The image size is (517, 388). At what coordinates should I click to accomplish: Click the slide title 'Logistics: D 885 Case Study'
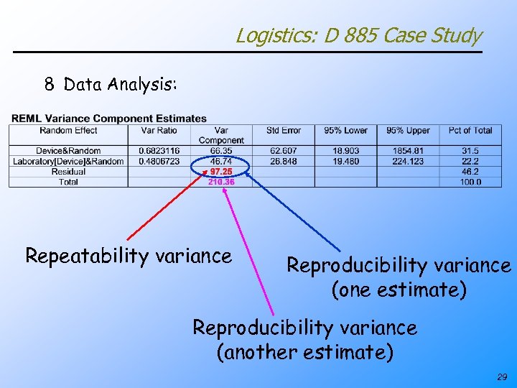358,35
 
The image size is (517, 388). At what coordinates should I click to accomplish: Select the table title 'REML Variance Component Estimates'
109,119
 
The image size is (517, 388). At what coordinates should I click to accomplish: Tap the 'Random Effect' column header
68,131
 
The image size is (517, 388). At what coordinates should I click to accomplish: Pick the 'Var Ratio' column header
159,131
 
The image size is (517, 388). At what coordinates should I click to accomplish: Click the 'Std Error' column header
283,131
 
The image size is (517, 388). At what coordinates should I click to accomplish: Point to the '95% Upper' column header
408,131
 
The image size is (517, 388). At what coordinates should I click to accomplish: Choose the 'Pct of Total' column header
470,131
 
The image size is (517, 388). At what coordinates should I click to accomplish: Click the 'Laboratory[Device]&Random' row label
68,162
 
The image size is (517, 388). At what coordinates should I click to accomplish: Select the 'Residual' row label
68,172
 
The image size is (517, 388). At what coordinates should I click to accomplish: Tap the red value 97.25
220,172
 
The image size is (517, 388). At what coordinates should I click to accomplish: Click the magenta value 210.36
220,182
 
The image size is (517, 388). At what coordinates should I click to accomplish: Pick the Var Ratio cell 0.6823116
159,151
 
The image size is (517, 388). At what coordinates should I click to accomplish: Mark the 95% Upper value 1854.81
408,151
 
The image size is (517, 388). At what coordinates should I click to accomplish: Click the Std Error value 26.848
283,162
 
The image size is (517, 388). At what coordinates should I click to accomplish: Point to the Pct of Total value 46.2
470,172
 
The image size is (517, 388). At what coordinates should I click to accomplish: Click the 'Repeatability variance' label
129,256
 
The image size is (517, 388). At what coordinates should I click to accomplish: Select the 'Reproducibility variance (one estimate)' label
399,277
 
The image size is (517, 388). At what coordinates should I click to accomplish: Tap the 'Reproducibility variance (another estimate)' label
304,339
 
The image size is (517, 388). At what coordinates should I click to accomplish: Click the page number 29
500,377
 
